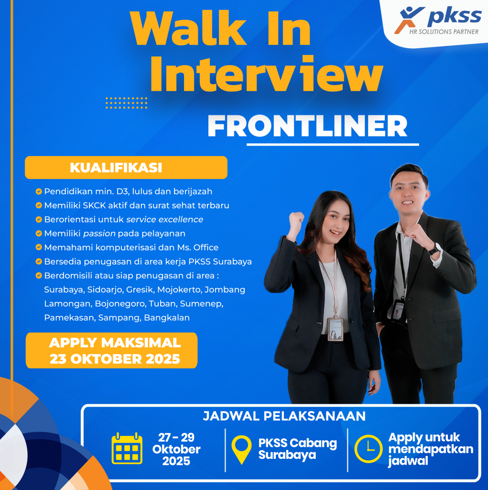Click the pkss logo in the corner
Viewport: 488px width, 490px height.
tap(437, 21)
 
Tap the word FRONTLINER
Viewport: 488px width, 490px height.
tap(307, 126)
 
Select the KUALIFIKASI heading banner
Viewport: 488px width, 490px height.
tap(126, 167)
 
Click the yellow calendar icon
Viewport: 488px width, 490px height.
tap(127, 448)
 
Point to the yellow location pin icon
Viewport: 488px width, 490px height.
tap(241, 449)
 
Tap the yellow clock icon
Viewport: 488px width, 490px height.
tap(369, 449)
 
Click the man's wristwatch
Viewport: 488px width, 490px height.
tap(434, 249)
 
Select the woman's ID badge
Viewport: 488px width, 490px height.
tap(336, 329)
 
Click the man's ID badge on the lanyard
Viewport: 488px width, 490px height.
tap(398, 310)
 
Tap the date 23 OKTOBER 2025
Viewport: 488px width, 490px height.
tap(115, 359)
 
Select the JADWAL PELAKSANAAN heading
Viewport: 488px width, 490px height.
tap(284, 416)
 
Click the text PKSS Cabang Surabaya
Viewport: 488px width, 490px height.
tap(298, 449)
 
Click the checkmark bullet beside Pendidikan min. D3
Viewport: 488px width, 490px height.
tap(39, 191)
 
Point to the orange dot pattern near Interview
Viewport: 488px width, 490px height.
tap(127, 103)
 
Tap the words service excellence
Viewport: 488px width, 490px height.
tap(164, 219)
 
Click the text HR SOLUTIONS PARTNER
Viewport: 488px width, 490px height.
tap(444, 32)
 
